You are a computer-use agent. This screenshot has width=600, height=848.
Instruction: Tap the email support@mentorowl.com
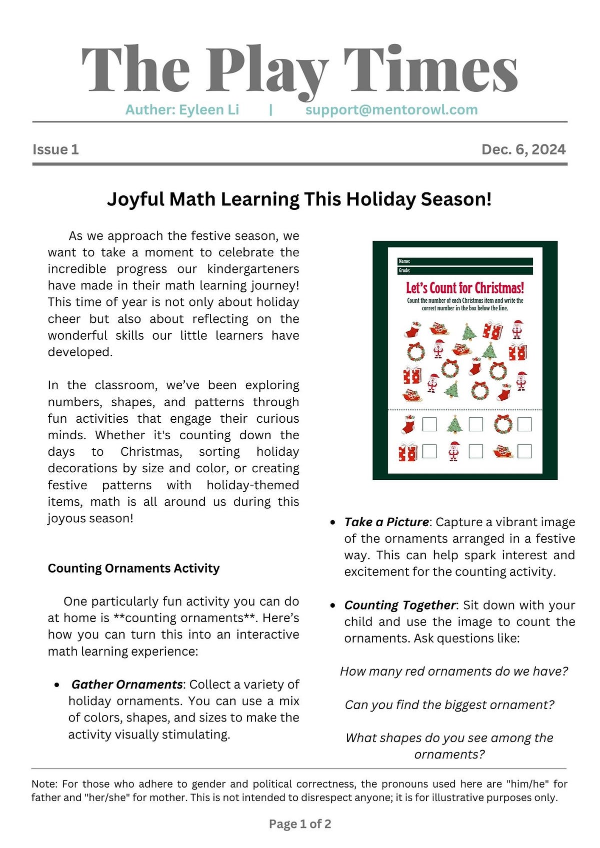point(391,110)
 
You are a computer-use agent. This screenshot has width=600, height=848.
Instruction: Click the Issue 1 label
point(55,149)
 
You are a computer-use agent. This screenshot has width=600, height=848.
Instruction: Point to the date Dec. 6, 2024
point(523,149)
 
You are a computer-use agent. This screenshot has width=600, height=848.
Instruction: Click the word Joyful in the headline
point(135,199)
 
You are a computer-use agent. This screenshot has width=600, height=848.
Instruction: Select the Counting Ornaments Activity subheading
point(133,569)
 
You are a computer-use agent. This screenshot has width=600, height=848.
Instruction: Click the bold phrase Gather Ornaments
point(127,685)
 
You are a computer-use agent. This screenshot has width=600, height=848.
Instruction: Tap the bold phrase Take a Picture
point(386,522)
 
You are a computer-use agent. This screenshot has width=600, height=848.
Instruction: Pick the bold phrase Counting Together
point(399,605)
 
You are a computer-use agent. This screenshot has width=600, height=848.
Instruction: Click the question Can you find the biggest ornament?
point(449,705)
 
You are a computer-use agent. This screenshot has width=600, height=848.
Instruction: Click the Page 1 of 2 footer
point(300,824)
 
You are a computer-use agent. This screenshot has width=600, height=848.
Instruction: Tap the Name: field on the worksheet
point(465,261)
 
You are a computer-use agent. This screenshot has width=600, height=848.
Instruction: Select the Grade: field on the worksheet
point(465,271)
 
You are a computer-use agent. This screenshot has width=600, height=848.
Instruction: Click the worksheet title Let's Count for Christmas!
point(465,288)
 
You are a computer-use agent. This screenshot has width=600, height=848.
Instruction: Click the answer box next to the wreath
point(524,425)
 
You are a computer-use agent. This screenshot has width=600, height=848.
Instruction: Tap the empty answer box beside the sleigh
point(524,452)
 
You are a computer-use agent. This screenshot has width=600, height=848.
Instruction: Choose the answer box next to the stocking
point(429,425)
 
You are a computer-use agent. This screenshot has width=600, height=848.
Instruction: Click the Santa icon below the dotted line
point(454,451)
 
